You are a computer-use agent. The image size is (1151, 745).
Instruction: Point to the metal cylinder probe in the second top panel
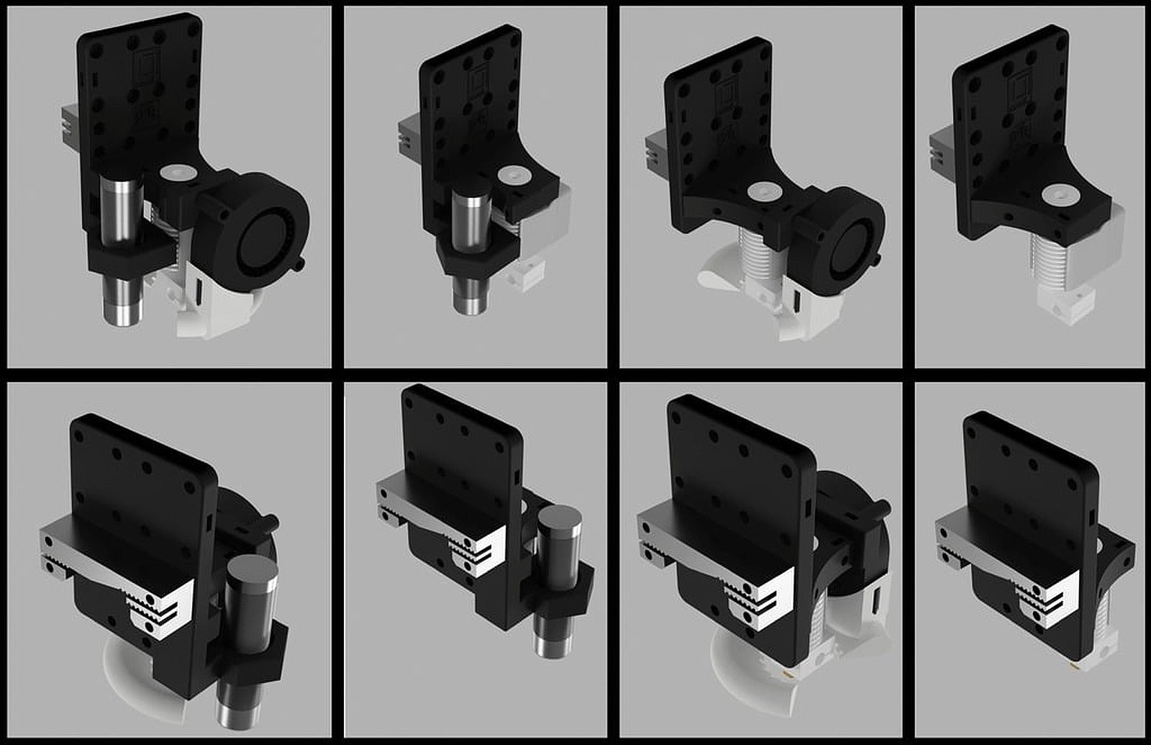(472, 216)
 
